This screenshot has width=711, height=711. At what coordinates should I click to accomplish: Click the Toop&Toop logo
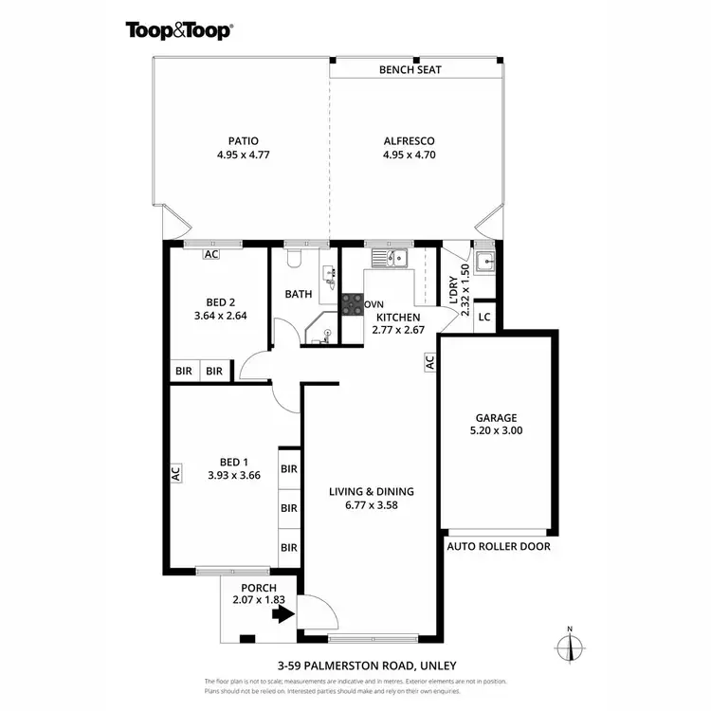179,29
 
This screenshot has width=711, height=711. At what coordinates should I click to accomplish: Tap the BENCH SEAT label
410,70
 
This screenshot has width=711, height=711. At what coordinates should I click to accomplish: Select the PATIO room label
243,140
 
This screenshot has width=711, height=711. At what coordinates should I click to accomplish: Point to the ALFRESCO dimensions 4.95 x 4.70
409,155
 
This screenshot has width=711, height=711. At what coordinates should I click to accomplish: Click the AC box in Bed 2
210,254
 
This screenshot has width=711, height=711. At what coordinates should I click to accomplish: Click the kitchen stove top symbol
352,303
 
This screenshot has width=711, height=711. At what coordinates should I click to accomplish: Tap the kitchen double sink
389,257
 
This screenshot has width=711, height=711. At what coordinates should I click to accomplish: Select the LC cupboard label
483,317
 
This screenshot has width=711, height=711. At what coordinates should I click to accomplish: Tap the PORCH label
251,588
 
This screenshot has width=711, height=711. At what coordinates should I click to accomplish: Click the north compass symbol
569,646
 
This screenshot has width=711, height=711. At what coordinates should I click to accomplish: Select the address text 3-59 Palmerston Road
354,665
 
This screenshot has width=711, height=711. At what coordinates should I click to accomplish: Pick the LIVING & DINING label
371,491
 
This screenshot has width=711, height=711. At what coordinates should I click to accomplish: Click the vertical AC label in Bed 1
176,472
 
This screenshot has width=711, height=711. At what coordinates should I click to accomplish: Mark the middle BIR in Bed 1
289,508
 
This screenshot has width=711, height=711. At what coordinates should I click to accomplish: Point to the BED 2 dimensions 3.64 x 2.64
219,316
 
